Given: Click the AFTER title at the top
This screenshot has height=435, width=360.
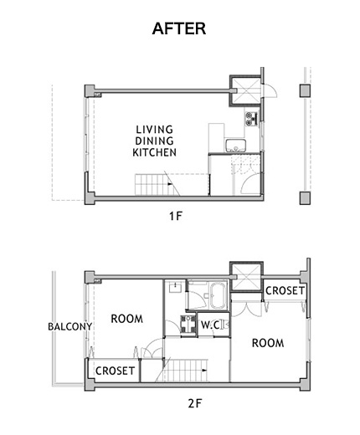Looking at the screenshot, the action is pyautogui.click(x=179, y=28).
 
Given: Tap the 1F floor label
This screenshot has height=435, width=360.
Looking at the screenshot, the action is pyautogui.click(x=176, y=216).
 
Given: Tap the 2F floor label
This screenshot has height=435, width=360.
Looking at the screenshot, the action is pyautogui.click(x=194, y=403).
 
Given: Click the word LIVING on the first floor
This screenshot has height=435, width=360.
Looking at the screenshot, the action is pyautogui.click(x=154, y=130).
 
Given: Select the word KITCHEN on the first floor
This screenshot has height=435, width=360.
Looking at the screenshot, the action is pyautogui.click(x=154, y=152).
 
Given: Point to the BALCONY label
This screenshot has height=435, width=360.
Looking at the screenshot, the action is pyautogui.click(x=70, y=326).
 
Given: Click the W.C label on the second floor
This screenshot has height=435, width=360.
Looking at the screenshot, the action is pyautogui.click(x=210, y=325).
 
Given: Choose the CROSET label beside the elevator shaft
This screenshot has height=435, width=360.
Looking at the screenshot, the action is pyautogui.click(x=285, y=291).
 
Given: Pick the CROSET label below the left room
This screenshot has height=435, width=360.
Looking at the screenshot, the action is pyautogui.click(x=115, y=371).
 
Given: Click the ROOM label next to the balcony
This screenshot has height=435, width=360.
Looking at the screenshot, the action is pyautogui.click(x=127, y=319).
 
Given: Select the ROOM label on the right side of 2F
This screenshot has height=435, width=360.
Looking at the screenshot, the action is pyautogui.click(x=268, y=343).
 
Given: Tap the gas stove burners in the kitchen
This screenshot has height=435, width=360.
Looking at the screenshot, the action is pyautogui.click(x=252, y=119).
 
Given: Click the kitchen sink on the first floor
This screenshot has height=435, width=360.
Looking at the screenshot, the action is pyautogui.click(x=236, y=146).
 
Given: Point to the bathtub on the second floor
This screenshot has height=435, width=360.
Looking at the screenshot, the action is pyautogui.click(x=219, y=296).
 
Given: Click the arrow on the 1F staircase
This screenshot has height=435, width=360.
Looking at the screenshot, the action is pyautogui.click(x=170, y=184).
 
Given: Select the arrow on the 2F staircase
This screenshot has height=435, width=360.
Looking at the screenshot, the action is pyautogui.click(x=204, y=371).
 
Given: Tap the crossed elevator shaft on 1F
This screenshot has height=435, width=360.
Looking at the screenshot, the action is pyautogui.click(x=245, y=90).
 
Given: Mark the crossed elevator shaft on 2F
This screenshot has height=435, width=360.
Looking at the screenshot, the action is pyautogui.click(x=246, y=277).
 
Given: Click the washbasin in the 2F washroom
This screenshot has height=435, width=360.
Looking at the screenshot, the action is pyautogui.click(x=175, y=287).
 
